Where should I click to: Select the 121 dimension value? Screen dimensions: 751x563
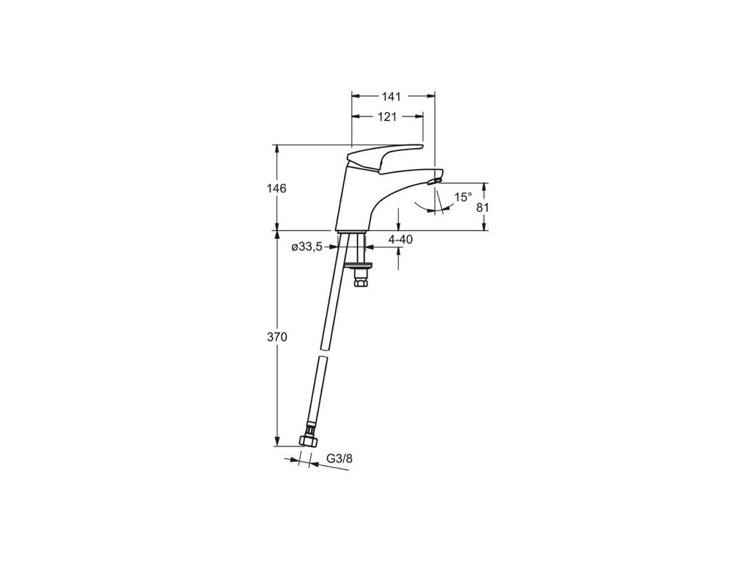(388, 117)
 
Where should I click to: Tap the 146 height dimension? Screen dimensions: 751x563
(277, 188)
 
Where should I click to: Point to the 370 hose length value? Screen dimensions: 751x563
(277, 337)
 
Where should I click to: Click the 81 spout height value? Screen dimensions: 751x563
(483, 207)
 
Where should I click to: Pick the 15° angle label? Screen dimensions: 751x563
(463, 197)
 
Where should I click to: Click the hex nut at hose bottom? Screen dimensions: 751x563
(308, 441)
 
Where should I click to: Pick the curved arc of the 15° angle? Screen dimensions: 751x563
(433, 210)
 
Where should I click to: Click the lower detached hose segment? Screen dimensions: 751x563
(314, 396)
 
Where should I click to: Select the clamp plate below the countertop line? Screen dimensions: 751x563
(359, 261)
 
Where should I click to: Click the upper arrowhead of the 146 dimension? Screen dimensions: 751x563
(277, 149)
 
